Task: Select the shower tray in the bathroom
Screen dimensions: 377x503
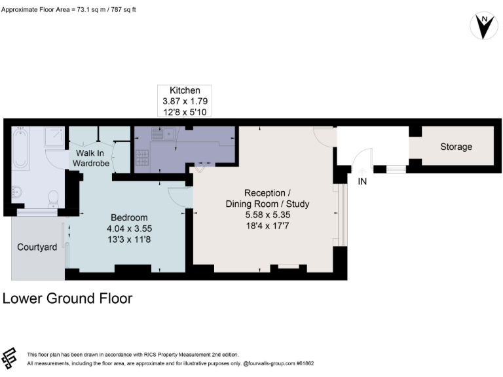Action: pyautogui.click(x=54, y=137)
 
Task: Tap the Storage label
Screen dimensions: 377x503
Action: pyautogui.click(x=456, y=147)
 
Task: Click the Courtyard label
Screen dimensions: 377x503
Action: pyautogui.click(x=37, y=247)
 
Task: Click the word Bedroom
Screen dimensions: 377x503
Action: pyautogui.click(x=129, y=217)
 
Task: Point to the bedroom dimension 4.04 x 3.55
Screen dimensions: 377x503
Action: pyautogui.click(x=129, y=229)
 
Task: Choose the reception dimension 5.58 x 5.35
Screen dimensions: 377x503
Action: pyautogui.click(x=276, y=215)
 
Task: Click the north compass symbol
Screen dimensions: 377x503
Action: pyautogui.click(x=483, y=26)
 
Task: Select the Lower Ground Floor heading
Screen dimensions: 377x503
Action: pyautogui.click(x=67, y=298)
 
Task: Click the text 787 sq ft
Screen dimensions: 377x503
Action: pyautogui.click(x=124, y=10)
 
